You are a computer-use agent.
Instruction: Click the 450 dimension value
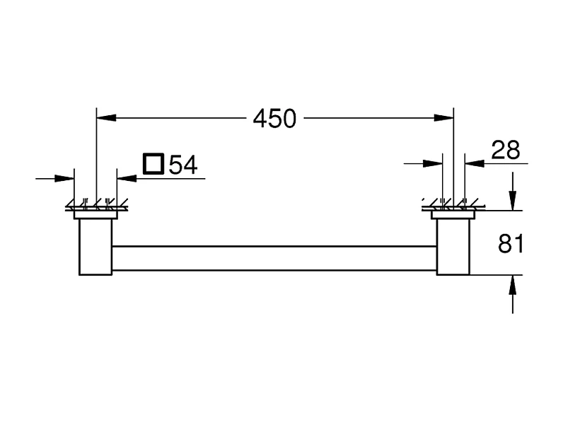275,118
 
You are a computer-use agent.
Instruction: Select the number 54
182,165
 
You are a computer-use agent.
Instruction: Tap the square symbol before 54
153,164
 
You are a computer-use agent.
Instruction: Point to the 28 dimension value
506,150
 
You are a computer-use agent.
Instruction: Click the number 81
510,244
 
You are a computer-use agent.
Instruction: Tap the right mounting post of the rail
453,247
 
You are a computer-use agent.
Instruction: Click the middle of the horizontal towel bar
274,257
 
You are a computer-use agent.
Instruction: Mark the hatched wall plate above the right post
453,207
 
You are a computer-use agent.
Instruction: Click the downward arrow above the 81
513,201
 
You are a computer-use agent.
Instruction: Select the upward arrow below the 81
513,283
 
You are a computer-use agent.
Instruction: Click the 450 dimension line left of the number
177,118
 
